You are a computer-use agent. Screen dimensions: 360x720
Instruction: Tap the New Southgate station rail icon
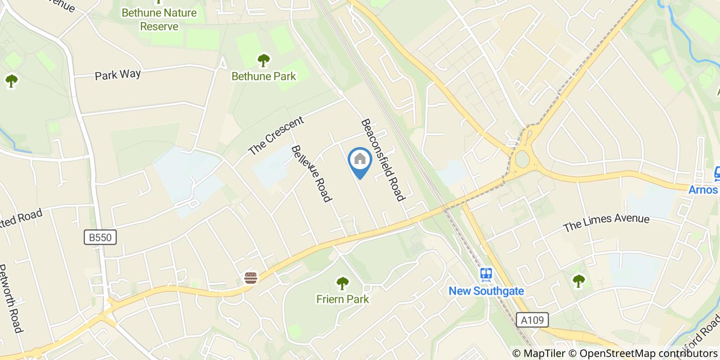coord(486,275)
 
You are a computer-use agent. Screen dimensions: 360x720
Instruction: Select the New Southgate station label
coord(486,291)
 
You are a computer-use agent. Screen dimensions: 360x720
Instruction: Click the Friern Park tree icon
coord(342,283)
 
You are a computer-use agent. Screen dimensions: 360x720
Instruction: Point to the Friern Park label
coord(342,299)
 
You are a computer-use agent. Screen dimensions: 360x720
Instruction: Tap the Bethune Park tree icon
coord(264,61)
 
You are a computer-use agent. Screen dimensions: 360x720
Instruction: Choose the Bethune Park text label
coord(264,77)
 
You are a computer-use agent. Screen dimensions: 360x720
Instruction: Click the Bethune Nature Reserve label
coord(159,20)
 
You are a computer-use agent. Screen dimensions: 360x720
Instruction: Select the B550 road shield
coord(100,237)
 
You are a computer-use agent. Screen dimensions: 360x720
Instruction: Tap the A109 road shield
coord(532,320)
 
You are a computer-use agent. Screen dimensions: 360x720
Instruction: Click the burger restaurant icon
coord(250,278)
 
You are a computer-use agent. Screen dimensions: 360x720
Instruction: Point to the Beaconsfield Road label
coord(383,160)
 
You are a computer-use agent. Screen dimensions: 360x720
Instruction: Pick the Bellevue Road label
coord(311,173)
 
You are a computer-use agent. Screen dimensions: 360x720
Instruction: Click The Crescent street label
coord(276,136)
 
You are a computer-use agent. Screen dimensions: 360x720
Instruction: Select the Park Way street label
coord(118,75)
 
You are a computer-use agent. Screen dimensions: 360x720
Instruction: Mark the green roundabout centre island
coord(523,159)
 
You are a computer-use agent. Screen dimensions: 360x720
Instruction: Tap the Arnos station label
coord(704,190)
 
